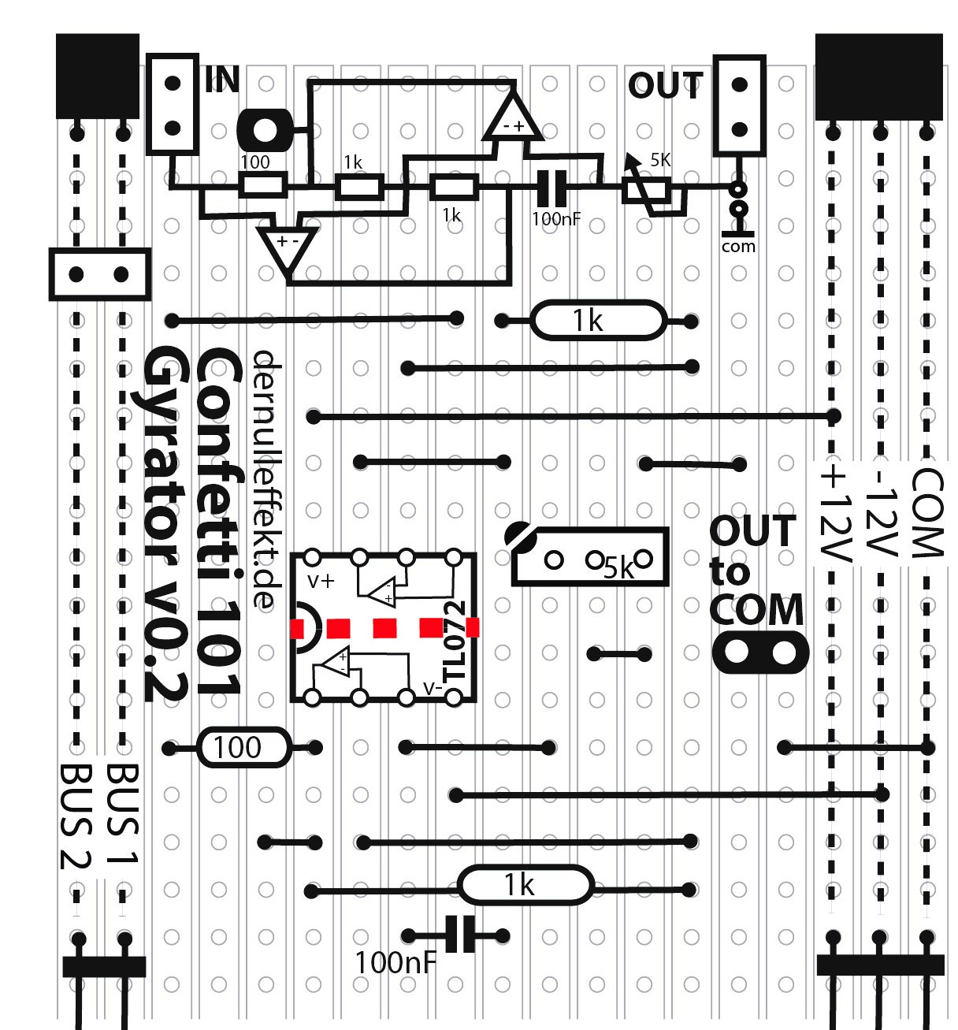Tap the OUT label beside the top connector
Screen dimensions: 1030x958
tap(665, 86)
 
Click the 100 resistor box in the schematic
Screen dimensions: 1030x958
tap(262, 186)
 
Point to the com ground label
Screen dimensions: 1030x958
tap(738, 247)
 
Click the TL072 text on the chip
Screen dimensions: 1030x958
tap(455, 642)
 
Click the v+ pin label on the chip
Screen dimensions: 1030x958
tap(321, 582)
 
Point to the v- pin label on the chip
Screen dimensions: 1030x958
tap(433, 688)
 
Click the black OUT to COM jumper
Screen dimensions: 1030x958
tap(760, 653)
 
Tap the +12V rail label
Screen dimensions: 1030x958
tap(834, 514)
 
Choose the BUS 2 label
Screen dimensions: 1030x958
tap(76, 816)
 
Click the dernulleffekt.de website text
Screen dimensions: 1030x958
tap(265, 479)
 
